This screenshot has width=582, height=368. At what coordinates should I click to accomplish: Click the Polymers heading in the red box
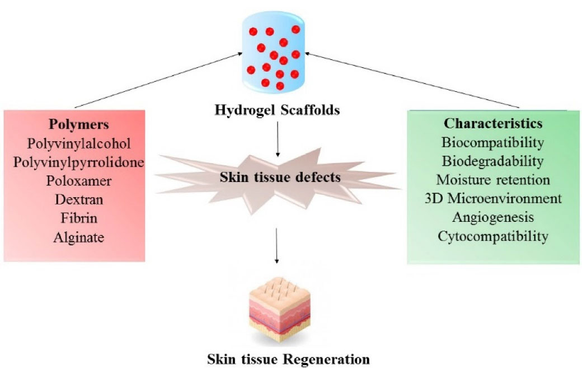click(x=74, y=124)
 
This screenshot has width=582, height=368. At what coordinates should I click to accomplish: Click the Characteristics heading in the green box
click(x=493, y=124)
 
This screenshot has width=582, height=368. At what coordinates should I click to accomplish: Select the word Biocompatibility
click(x=493, y=142)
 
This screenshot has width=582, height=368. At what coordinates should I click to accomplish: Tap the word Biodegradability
click(x=493, y=161)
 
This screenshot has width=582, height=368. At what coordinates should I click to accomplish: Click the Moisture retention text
click(x=493, y=180)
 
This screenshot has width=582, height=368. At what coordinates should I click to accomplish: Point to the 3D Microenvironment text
click(x=493, y=199)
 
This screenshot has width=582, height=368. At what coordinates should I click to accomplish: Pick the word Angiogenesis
click(x=493, y=217)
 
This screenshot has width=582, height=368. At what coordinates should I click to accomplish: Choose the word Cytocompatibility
click(x=493, y=236)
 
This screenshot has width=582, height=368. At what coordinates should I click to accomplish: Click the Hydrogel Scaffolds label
click(x=278, y=110)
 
